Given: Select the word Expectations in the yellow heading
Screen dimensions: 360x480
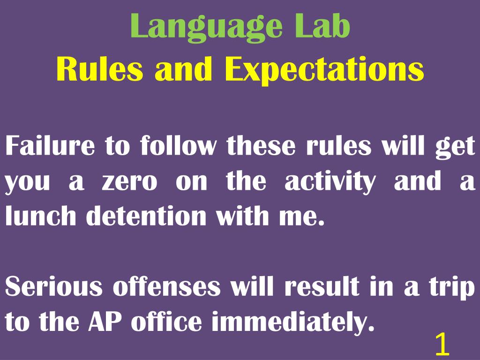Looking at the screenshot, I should [x=324, y=70].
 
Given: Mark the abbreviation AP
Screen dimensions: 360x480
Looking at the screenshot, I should [x=108, y=322].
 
